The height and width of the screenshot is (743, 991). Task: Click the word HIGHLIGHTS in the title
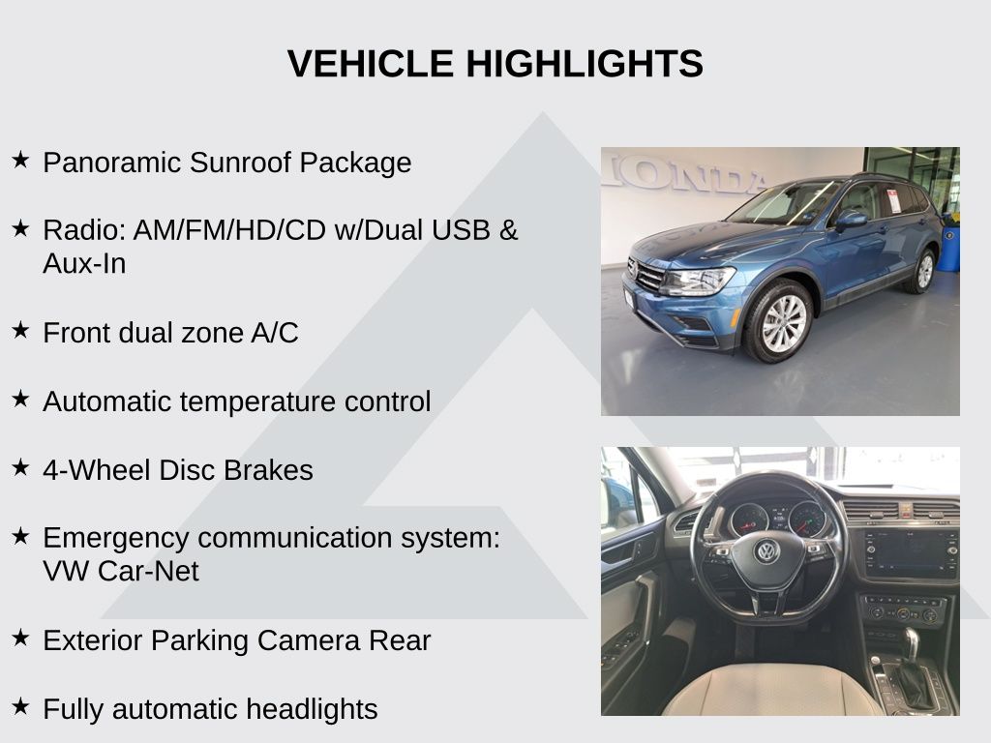585,64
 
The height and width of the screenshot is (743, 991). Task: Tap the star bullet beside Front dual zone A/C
20,330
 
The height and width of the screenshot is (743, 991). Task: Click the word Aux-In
84,263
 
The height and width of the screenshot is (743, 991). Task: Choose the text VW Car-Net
121,571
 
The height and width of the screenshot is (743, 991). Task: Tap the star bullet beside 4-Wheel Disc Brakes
20,467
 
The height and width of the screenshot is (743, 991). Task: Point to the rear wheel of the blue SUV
923,271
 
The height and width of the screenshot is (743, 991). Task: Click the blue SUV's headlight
699,281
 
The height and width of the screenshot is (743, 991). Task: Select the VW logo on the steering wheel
767,551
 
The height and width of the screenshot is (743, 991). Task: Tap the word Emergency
116,539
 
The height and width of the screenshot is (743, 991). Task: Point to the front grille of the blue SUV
646,276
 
